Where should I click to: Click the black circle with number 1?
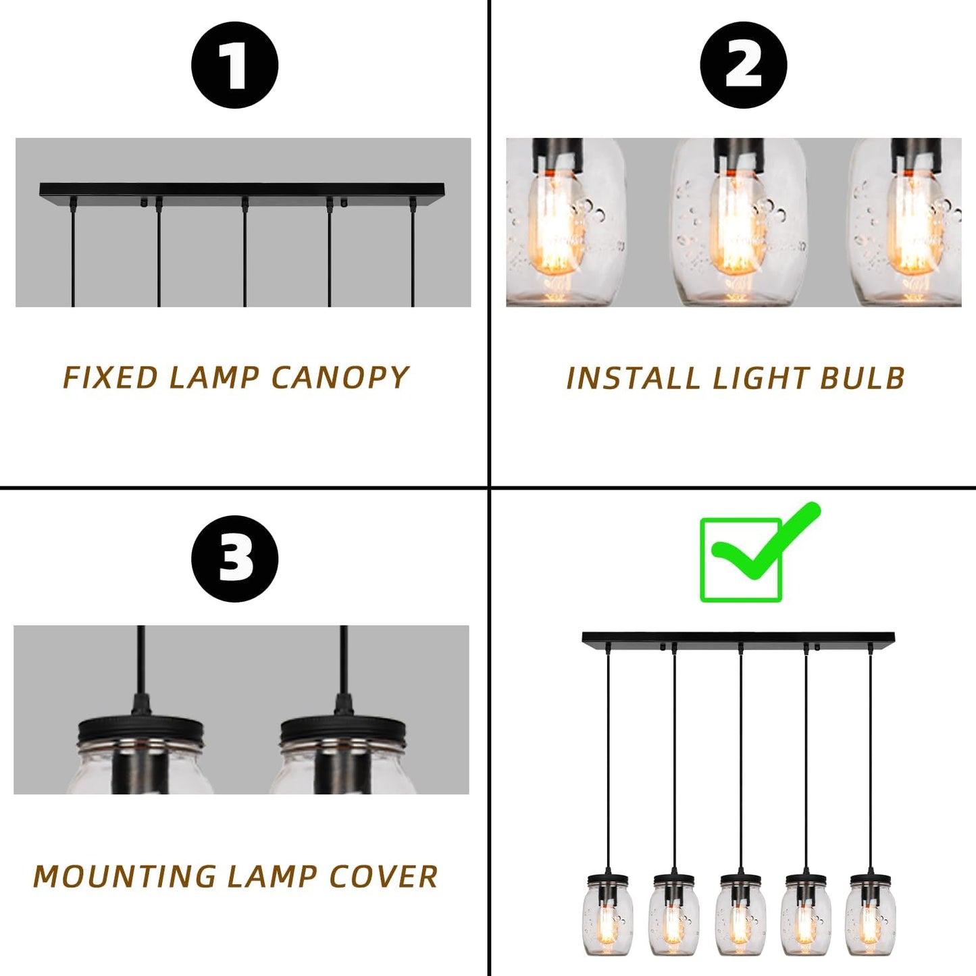[234, 65]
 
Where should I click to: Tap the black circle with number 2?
[743, 65]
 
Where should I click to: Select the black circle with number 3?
[234, 559]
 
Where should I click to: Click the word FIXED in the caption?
[111, 378]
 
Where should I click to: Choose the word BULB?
[863, 378]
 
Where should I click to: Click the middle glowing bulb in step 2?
[738, 226]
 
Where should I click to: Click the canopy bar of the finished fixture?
[738, 638]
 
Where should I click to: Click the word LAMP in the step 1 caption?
[213, 378]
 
